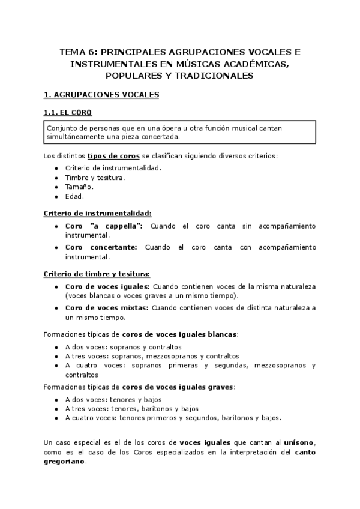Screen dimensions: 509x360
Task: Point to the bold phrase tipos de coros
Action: pyautogui.click(x=113, y=155)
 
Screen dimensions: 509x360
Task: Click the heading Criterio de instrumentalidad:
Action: pyautogui.click(x=98, y=212)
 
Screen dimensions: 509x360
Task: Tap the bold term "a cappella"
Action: pyautogui.click(x=117, y=226)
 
